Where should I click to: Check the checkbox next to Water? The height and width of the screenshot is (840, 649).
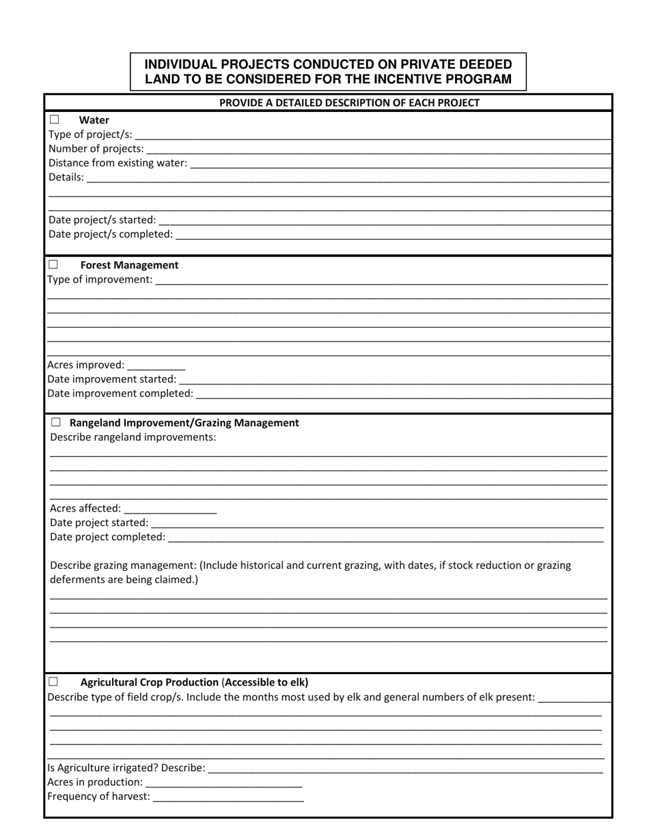point(54,120)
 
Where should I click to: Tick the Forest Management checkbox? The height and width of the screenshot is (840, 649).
point(53,264)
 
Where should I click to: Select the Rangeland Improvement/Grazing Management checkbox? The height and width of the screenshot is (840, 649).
point(55,423)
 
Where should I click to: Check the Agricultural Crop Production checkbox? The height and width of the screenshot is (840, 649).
point(53,682)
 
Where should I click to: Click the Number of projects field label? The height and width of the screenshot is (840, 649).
point(96,148)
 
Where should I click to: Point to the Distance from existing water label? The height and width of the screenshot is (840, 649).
point(118,163)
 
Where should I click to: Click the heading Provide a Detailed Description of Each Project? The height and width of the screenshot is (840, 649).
point(349,103)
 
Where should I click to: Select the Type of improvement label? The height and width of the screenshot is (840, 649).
point(100,279)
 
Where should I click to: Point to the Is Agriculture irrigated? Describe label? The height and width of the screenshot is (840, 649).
point(126,768)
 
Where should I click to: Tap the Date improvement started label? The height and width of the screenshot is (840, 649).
point(111,379)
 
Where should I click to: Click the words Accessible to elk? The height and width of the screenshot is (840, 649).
point(266,682)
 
